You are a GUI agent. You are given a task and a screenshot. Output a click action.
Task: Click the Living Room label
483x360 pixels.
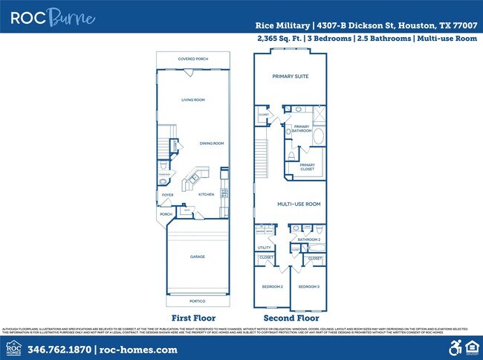(x=193, y=100)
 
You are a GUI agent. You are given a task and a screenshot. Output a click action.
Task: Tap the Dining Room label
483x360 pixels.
(x=212, y=143)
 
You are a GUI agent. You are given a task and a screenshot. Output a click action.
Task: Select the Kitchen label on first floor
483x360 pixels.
(x=206, y=195)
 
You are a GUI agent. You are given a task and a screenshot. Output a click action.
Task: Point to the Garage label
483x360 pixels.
(x=197, y=257)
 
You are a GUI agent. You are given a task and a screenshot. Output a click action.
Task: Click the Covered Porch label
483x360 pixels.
(x=193, y=59)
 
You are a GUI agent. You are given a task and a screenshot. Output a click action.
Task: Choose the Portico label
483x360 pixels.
(x=197, y=301)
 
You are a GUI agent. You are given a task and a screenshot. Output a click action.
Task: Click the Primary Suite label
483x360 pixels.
(x=290, y=77)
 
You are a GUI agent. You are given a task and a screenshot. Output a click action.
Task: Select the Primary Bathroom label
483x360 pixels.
(x=302, y=129)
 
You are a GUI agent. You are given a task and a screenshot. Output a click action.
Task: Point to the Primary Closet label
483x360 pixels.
(x=308, y=167)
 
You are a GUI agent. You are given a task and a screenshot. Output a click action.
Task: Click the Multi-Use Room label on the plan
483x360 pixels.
(x=299, y=204)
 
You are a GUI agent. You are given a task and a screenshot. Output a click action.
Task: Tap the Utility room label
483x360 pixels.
(x=264, y=248)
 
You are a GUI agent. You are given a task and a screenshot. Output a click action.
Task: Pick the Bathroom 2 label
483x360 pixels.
(x=308, y=240)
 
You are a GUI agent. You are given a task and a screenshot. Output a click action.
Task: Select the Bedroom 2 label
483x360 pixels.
(x=272, y=286)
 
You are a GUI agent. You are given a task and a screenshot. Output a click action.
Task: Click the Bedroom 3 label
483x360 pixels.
(x=308, y=286)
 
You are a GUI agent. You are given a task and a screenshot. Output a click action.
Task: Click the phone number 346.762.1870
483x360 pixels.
(x=59, y=349)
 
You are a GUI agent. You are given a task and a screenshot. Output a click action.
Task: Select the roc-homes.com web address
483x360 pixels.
(x=131, y=349)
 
